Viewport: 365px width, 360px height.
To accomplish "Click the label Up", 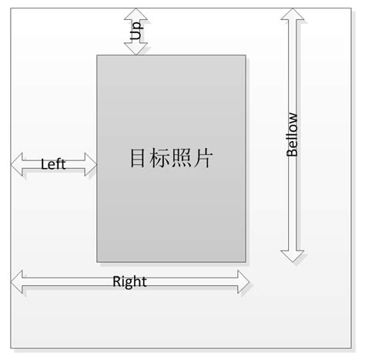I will (136, 32).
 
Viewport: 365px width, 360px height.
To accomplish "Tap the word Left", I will (53, 164).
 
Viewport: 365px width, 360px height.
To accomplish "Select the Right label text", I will (129, 281).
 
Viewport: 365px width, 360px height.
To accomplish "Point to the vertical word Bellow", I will (292, 135).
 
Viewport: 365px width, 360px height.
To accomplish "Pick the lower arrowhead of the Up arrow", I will (136, 48).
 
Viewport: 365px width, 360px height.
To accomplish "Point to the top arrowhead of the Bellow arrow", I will (292, 16).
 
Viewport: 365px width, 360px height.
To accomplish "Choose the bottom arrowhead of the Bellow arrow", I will (292, 255).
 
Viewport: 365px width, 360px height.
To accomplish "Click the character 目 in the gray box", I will (138, 159).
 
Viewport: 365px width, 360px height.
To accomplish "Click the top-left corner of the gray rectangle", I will (97, 56).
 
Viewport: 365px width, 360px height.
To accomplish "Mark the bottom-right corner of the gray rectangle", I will (246, 261).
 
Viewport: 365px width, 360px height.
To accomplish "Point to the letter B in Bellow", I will (292, 152).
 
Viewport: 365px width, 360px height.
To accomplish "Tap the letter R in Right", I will (117, 281).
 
